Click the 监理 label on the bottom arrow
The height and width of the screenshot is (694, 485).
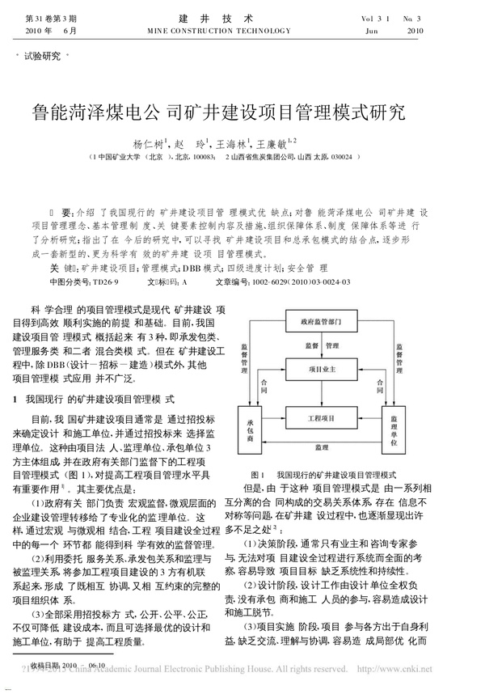click(x=322, y=447)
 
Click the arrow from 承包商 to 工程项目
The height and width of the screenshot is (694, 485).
click(x=275, y=418)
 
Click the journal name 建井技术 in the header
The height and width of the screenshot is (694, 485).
click(x=242, y=17)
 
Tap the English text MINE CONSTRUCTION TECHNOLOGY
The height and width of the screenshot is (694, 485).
click(x=242, y=31)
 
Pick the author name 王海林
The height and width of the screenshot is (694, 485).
click(x=233, y=143)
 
